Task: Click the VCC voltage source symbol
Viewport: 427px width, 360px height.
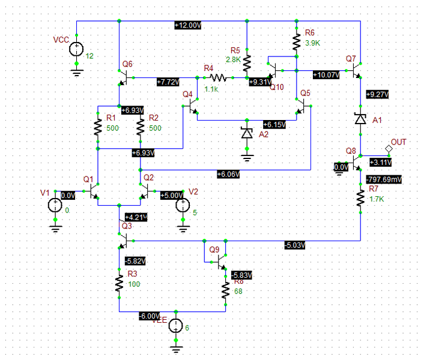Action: tap(76, 50)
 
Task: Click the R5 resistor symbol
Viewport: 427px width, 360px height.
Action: tap(247, 59)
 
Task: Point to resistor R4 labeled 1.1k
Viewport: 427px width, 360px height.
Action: tap(217, 77)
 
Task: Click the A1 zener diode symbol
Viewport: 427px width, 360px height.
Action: tap(360, 119)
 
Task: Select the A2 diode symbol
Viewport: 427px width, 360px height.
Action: tap(246, 133)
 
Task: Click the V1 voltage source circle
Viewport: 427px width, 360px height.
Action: tap(54, 206)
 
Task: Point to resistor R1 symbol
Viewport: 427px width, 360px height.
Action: tap(97, 127)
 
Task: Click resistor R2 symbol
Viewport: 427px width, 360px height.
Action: tap(140, 127)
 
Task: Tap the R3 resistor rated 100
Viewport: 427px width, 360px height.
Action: tap(119, 282)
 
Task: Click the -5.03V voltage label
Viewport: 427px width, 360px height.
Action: tap(295, 245)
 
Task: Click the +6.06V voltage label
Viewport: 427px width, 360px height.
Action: tap(229, 174)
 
